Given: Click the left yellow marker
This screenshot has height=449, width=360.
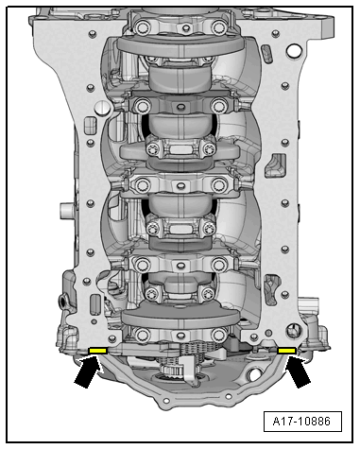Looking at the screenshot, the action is (x=98, y=350).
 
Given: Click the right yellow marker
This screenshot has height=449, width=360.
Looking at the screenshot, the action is (x=286, y=350).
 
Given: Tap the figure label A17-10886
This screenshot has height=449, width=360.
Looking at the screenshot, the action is (x=302, y=422).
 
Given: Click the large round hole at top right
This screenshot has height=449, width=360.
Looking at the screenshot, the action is (x=295, y=50).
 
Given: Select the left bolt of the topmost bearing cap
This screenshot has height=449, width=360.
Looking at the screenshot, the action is (x=141, y=26).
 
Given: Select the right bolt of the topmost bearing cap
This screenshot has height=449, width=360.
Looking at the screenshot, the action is (x=219, y=26).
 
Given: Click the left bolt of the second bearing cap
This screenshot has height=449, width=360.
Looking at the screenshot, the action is (x=142, y=105).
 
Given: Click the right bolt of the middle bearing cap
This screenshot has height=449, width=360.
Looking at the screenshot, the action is (x=219, y=184).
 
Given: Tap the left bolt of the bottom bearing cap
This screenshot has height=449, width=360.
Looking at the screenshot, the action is (x=142, y=335).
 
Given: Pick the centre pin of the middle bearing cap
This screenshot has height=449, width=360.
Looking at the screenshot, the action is (x=180, y=185).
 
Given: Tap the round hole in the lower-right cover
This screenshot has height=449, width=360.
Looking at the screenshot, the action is (x=253, y=375).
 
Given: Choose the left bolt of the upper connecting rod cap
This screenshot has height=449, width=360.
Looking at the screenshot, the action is (x=152, y=148).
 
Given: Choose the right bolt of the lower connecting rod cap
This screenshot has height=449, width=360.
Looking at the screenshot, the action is (x=208, y=293).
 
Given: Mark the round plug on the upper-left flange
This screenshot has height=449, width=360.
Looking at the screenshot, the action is (x=102, y=108).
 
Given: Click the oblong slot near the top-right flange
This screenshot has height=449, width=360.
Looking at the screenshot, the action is (x=266, y=53).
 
